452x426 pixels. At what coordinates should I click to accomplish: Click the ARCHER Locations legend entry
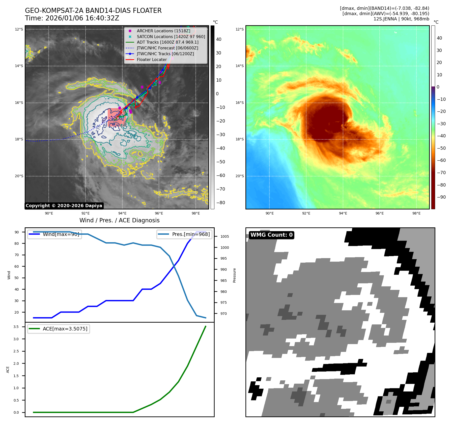pyautogui.click(x=163, y=31)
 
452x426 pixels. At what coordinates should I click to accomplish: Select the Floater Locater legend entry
pyautogui.click(x=152, y=60)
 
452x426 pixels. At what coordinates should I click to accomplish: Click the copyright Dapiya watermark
pyautogui.click(x=64, y=206)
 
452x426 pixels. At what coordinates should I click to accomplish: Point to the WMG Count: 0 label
pyautogui.click(x=271, y=235)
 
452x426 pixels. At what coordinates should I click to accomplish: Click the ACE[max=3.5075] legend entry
pyautogui.click(x=65, y=329)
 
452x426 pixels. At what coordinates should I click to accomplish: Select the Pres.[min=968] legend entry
pyautogui.click(x=191, y=234)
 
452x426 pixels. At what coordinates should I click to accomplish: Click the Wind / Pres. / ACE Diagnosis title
pyautogui.click(x=119, y=220)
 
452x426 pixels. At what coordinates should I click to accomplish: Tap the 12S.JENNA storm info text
pyautogui.click(x=401, y=19)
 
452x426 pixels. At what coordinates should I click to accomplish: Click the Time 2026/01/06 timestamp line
pyautogui.click(x=72, y=18)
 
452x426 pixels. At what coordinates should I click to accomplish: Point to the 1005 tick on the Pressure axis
pyautogui.click(x=224, y=236)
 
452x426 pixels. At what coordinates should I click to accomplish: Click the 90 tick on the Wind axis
pyautogui.click(x=17, y=232)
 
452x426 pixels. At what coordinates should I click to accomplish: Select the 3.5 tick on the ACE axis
pyautogui.click(x=16, y=327)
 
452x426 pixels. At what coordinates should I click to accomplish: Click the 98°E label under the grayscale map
pyautogui.click(x=195, y=213)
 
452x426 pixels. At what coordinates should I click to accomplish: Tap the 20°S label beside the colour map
pyautogui.click(x=240, y=176)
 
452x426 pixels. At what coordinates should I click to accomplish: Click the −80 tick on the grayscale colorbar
pyautogui.click(x=220, y=203)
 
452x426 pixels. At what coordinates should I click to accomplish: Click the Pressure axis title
pyautogui.click(x=234, y=275)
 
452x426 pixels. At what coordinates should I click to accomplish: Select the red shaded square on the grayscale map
pyautogui.click(x=117, y=117)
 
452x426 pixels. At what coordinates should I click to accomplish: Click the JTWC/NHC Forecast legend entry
pyautogui.click(x=167, y=48)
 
